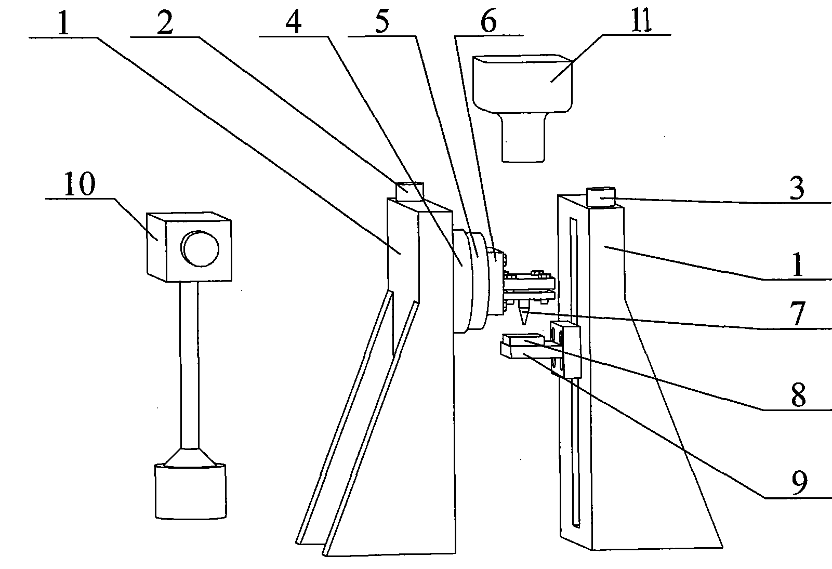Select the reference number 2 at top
[165, 22]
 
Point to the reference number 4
[294, 22]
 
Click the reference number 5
[382, 21]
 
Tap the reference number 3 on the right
[797, 188]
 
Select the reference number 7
[798, 313]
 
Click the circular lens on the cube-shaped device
[200, 248]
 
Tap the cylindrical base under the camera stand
[191, 491]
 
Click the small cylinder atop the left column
[410, 191]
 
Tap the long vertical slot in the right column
[575, 372]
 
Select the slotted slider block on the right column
[565, 350]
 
